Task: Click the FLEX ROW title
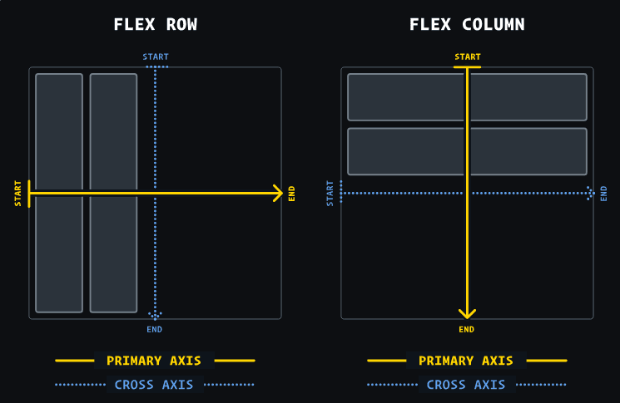[x=155, y=24]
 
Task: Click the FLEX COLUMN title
[x=467, y=24]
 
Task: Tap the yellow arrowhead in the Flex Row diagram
[x=278, y=194]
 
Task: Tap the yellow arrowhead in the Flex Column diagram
[x=467, y=313]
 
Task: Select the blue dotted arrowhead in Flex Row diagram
[x=155, y=315]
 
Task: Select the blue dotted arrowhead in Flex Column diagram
[x=590, y=194]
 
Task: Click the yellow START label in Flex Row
[x=18, y=194]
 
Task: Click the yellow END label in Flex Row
[x=291, y=194]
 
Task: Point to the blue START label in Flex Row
[x=155, y=57]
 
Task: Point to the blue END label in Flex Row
[x=155, y=330]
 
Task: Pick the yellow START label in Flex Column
[x=467, y=57]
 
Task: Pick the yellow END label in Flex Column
[x=467, y=330]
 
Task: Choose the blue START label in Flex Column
[x=330, y=194]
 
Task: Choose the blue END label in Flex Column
[x=603, y=194]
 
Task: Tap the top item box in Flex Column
[x=399, y=97]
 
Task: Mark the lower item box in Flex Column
[x=399, y=151]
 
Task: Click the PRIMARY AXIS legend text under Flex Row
[x=154, y=361]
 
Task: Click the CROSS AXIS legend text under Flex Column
[x=466, y=385]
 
